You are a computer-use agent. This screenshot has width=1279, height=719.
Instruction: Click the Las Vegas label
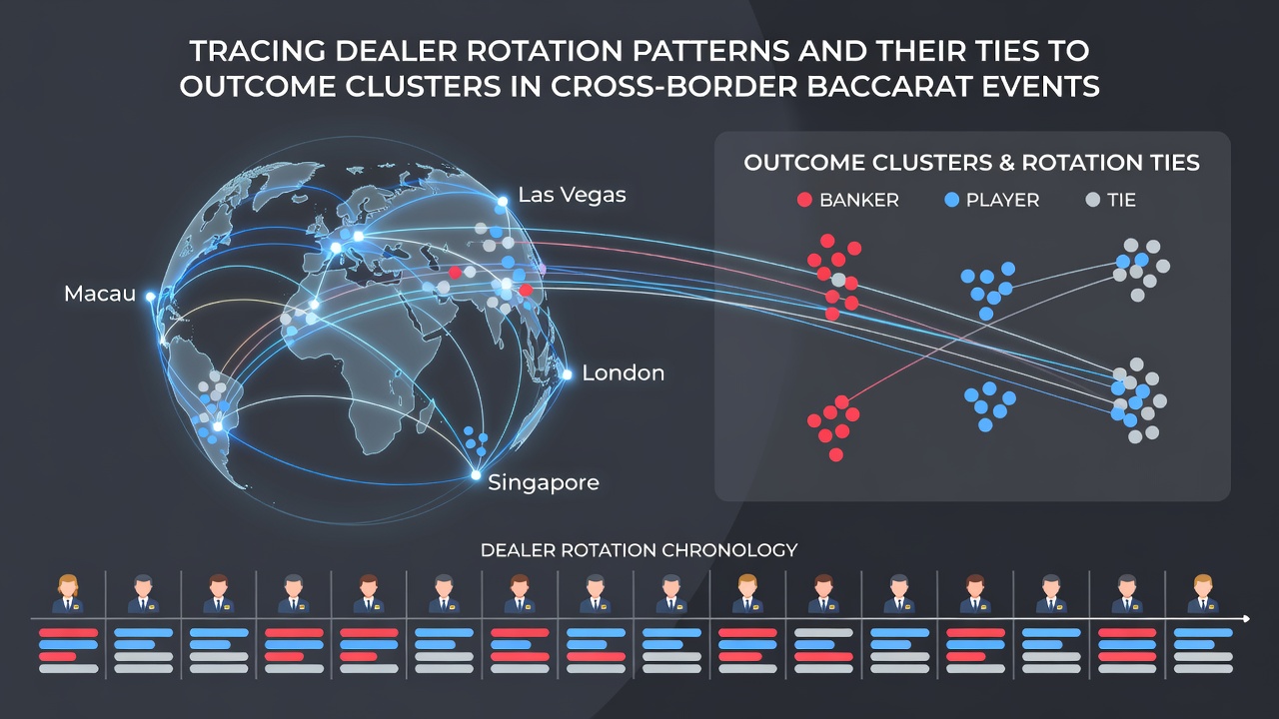point(572,195)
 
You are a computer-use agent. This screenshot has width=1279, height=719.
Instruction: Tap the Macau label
point(100,294)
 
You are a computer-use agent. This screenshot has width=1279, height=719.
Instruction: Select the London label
point(623,373)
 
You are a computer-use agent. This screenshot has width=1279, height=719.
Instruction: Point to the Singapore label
point(543,482)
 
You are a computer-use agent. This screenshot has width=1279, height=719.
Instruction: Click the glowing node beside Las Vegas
point(502,201)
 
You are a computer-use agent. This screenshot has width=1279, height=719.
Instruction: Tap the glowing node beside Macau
point(150,297)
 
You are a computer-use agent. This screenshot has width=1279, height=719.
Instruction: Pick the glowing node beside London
point(567,374)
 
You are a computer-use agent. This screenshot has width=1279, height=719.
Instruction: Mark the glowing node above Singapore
point(476,474)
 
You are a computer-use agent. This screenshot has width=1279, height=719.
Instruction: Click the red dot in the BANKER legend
point(804,200)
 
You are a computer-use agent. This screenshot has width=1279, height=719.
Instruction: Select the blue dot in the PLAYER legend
point(952,200)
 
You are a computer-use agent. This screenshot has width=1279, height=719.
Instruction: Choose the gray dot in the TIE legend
point(1093,200)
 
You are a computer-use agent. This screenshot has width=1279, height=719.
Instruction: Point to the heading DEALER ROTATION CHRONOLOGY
point(639,550)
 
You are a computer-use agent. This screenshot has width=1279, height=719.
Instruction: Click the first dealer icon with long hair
point(68,594)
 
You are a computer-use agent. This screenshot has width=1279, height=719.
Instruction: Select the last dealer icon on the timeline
point(1202,594)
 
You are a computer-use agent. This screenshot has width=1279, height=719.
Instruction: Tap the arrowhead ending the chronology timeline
point(1246,618)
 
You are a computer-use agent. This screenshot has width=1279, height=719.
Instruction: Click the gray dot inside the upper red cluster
point(838,280)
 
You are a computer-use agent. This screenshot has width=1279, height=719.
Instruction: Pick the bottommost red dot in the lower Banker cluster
point(836,454)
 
